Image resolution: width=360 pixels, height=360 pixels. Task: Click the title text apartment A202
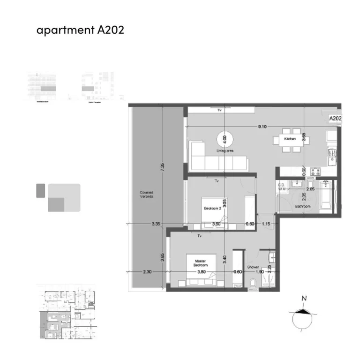(x=80, y=30)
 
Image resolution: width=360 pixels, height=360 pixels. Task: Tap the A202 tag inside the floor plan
(x=335, y=119)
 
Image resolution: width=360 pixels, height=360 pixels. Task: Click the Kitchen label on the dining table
(x=290, y=139)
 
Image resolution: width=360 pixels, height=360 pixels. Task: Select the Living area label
(x=225, y=151)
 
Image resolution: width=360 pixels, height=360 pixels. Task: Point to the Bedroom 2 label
(x=212, y=209)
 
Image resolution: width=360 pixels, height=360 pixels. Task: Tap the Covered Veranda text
(x=146, y=195)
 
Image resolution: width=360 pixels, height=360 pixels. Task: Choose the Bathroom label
(x=303, y=206)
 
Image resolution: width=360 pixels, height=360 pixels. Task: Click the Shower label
(x=253, y=267)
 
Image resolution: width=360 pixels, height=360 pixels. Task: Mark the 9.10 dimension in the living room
(x=262, y=127)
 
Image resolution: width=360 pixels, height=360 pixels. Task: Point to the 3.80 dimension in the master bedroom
(x=202, y=271)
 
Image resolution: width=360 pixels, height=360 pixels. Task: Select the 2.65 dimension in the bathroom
(x=310, y=188)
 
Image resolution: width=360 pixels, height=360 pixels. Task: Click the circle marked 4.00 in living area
(x=225, y=139)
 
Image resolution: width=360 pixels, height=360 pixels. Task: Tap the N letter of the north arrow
(x=304, y=299)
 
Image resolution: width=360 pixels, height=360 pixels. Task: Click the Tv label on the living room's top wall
(x=219, y=111)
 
